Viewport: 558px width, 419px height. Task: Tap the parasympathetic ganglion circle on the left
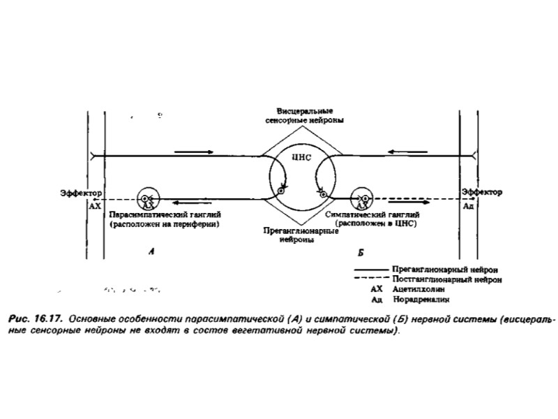pos(147,199)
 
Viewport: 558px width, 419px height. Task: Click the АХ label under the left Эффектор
pos(95,207)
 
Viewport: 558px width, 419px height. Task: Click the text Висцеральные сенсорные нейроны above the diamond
pos(300,116)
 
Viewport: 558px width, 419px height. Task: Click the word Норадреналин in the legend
pos(423,298)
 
